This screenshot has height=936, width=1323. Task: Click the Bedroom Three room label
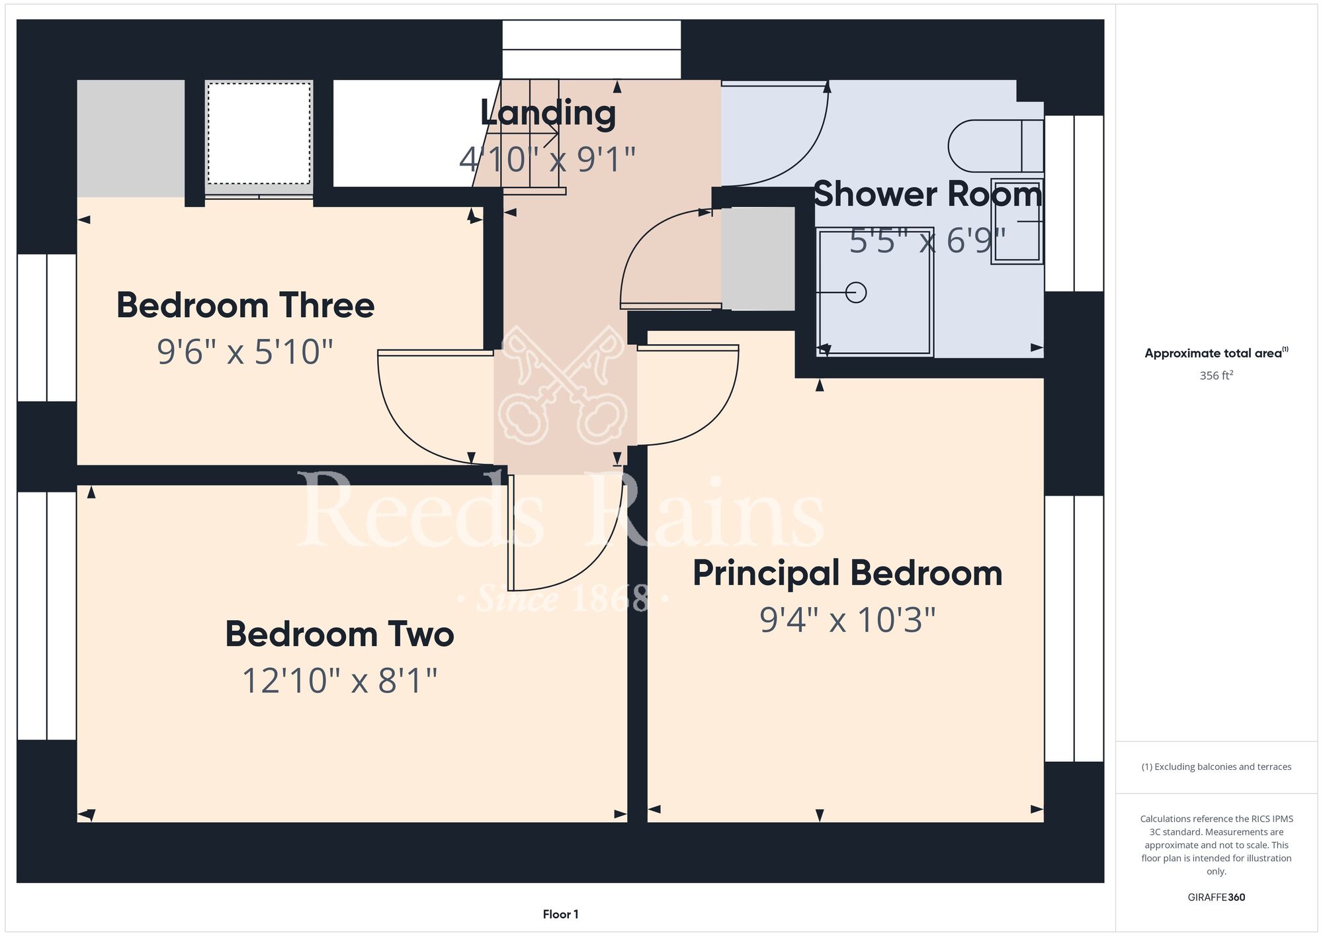[x=245, y=305]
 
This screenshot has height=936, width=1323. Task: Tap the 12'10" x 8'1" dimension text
[x=340, y=680]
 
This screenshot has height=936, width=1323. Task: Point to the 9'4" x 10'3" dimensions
[x=847, y=620]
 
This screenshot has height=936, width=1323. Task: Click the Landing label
[x=548, y=113]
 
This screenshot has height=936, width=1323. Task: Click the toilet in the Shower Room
[x=996, y=146]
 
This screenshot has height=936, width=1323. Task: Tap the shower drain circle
[x=856, y=292]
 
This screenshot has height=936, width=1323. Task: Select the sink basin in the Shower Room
[x=1017, y=221]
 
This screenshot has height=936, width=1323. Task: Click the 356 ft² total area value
[x=1216, y=375]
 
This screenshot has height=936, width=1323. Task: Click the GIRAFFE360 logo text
[x=1216, y=898]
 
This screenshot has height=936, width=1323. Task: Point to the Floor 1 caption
[x=560, y=914]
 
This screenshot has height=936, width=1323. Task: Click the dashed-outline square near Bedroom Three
[x=259, y=133]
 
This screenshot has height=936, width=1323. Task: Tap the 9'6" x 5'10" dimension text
[x=245, y=351]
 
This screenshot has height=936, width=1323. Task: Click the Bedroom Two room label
[x=339, y=634]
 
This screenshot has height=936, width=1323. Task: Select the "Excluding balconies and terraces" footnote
[x=1216, y=767]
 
